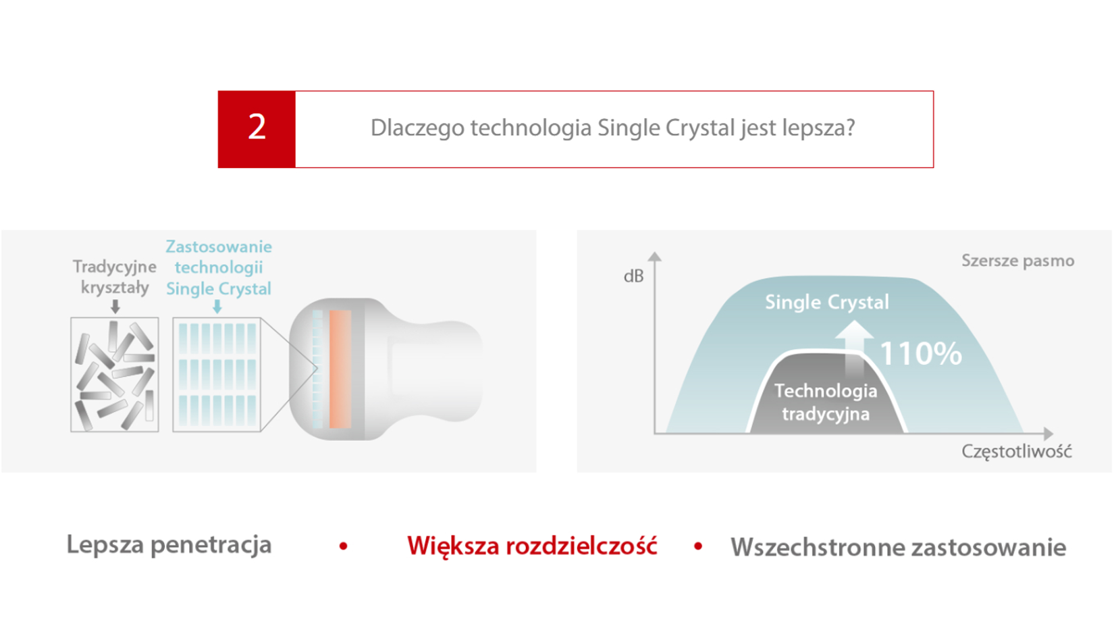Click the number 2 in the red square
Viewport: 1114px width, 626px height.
click(x=257, y=127)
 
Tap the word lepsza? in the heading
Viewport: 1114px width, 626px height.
click(x=818, y=128)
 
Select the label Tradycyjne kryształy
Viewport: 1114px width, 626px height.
click(x=115, y=277)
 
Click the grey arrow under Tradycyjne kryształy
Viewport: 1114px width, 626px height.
click(x=115, y=307)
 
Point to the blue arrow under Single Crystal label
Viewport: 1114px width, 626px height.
click(x=217, y=307)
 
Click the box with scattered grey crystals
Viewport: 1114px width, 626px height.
click(x=115, y=374)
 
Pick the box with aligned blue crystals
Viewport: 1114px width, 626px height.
click(x=217, y=374)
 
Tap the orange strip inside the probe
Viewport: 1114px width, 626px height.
click(x=340, y=369)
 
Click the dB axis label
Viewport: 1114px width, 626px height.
click(x=633, y=276)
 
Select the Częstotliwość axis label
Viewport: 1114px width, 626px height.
click(x=1017, y=451)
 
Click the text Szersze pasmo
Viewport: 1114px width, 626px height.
click(x=1018, y=260)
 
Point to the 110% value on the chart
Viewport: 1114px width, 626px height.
click(x=921, y=354)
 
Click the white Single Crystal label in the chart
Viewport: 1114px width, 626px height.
click(x=826, y=302)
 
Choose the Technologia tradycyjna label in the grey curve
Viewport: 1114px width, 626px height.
click(x=826, y=402)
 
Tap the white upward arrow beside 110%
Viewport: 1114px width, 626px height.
click(x=854, y=348)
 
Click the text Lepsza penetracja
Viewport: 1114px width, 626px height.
click(x=169, y=545)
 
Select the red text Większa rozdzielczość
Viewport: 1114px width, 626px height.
click(x=532, y=546)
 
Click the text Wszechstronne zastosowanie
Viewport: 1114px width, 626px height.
click(x=898, y=547)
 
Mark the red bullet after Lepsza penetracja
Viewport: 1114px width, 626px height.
click(x=343, y=546)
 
